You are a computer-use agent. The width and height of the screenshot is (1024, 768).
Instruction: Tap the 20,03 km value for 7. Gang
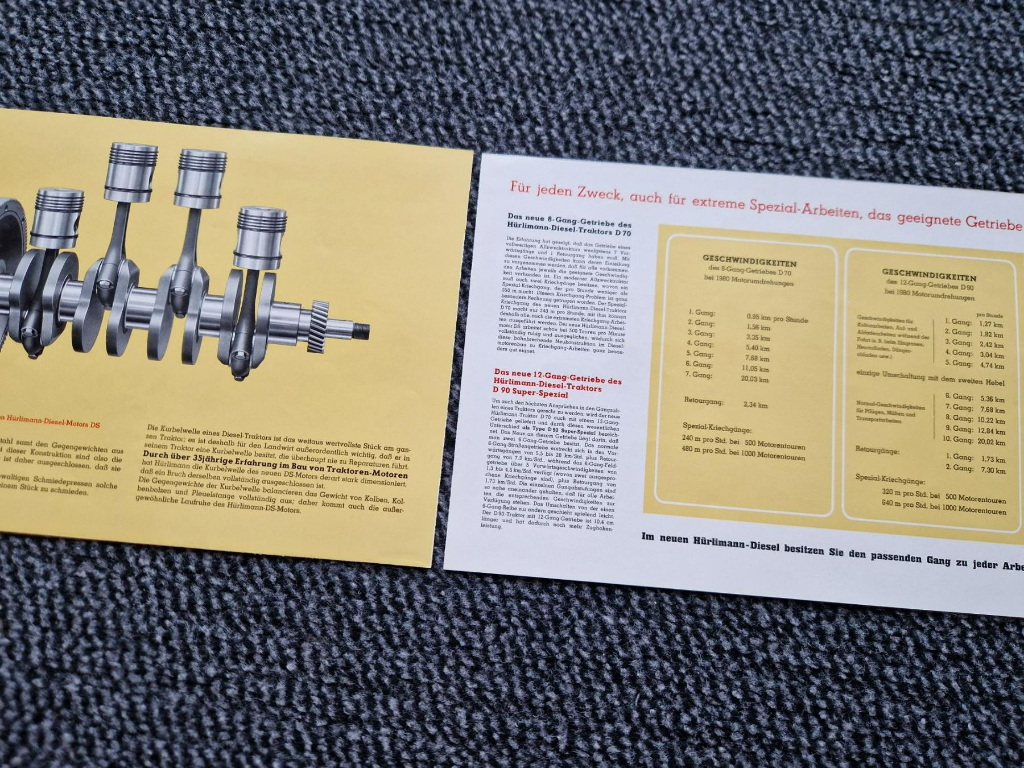coord(754,379)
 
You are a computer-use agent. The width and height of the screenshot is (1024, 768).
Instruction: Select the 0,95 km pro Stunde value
coord(777,318)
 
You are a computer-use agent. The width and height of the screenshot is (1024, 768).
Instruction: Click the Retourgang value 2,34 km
coord(755,405)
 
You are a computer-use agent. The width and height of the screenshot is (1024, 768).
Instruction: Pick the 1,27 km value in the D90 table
coord(991,324)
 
